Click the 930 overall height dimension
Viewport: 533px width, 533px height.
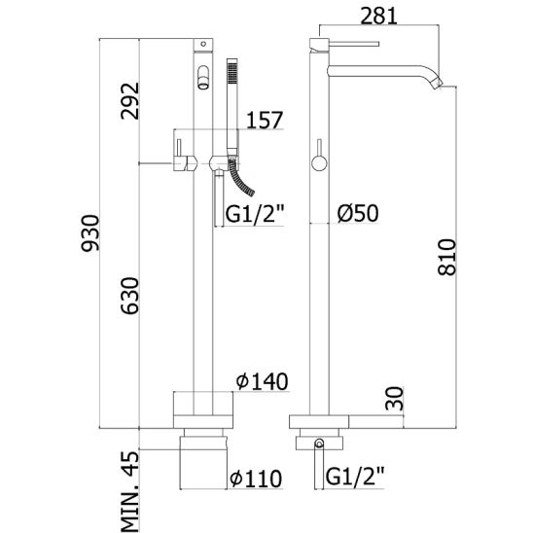point(90,232)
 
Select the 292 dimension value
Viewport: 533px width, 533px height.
point(130,101)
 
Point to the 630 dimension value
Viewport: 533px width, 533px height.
point(130,296)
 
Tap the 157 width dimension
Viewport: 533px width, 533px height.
point(265,120)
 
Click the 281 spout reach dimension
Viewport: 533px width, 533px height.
point(378,16)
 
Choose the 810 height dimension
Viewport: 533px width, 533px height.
point(446,257)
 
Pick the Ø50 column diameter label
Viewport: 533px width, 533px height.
point(358,213)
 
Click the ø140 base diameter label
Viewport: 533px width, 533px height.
point(263,381)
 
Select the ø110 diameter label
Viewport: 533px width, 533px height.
point(256,479)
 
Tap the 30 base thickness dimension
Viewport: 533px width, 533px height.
point(394,398)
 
